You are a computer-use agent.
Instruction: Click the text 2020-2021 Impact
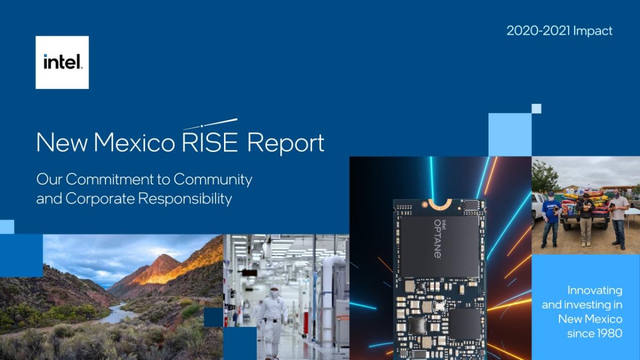pyautogui.click(x=559, y=31)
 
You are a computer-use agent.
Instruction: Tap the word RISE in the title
pyautogui.click(x=210, y=142)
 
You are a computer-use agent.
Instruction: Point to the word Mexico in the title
pyautogui.click(x=134, y=142)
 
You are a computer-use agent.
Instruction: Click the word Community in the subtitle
pyautogui.click(x=213, y=180)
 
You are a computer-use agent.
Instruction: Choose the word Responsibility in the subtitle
pyautogui.click(x=185, y=198)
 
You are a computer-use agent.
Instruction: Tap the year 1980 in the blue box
pyautogui.click(x=609, y=333)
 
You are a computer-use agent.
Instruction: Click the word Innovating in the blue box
pyautogui.click(x=595, y=291)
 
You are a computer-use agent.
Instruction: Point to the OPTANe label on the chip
pyautogui.click(x=438, y=239)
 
